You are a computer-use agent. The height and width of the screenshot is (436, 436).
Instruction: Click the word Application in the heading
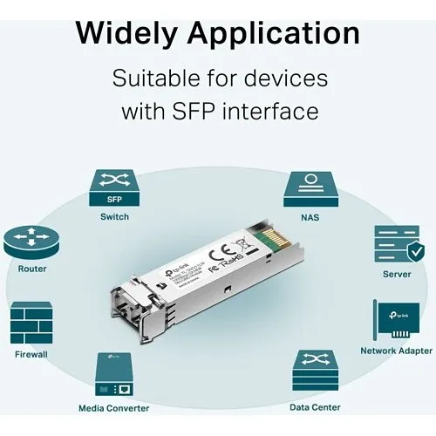pyautogui.click(x=276, y=34)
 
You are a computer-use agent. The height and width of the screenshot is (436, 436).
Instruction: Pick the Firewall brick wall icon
pyautogui.click(x=31, y=324)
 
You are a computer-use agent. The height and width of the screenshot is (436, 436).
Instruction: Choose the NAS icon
pyautogui.click(x=310, y=188)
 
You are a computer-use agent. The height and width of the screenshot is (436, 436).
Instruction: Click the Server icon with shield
pyautogui.click(x=398, y=244)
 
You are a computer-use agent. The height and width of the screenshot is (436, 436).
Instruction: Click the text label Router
pyautogui.click(x=32, y=269)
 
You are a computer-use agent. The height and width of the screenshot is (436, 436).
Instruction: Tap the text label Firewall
pyautogui.click(x=31, y=354)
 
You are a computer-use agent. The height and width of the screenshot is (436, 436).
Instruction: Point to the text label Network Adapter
pyautogui.click(x=397, y=351)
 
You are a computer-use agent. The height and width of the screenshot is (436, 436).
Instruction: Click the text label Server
pyautogui.click(x=397, y=274)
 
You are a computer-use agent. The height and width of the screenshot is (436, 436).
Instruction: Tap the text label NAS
pyautogui.click(x=310, y=217)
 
